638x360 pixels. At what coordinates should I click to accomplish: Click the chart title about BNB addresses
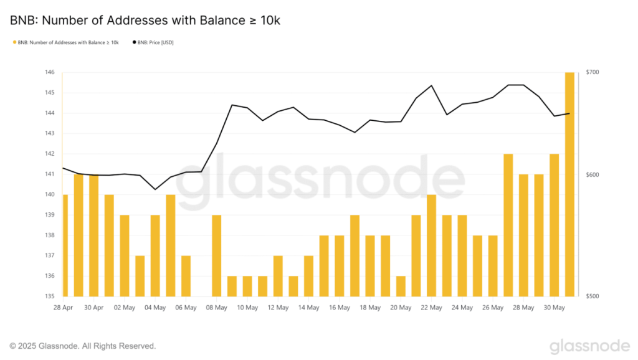tap(145, 21)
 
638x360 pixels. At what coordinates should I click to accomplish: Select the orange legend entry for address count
tap(65, 42)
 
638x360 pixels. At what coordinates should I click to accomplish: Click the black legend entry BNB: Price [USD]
tap(153, 42)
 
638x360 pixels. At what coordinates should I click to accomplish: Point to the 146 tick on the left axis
tap(49, 72)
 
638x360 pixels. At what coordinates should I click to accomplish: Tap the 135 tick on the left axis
tap(49, 296)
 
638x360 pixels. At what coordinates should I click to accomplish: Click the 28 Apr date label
tap(63, 307)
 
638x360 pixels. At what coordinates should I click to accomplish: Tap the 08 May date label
tap(217, 307)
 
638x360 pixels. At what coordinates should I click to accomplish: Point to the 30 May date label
tap(555, 307)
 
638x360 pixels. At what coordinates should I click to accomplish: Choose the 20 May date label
tap(401, 307)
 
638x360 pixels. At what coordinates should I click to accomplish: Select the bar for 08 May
tap(217, 255)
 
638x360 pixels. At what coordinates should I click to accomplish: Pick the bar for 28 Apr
tap(65, 246)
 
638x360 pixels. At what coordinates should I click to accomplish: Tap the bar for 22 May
tap(431, 246)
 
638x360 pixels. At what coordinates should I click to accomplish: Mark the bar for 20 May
tap(401, 286)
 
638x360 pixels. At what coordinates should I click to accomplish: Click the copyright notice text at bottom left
tap(82, 346)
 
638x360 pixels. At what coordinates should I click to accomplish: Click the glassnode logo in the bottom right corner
tap(590, 346)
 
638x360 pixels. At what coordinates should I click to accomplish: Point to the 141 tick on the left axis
tap(49, 174)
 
